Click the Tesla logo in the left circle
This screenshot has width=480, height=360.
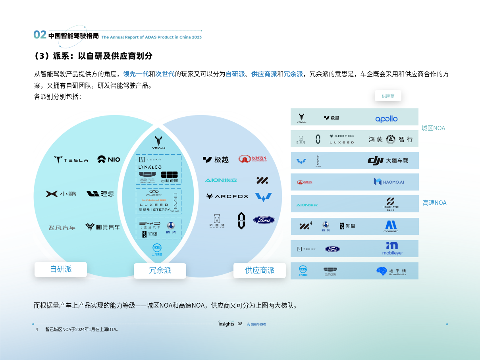71,160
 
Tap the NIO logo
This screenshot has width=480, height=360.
108,159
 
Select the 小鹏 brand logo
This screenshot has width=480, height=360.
61,194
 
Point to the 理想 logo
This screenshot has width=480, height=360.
100,194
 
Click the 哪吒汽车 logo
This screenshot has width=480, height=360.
102,227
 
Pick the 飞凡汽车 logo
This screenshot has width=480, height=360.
62,228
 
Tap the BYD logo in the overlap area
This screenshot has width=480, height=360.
150,225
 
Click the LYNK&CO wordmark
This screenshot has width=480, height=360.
150,167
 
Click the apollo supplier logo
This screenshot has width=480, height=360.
386,119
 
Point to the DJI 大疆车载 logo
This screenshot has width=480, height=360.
387,161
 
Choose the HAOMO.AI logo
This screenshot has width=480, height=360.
389,182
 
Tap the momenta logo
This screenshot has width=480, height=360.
391,226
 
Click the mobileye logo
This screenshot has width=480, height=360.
392,248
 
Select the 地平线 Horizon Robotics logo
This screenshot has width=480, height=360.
391,271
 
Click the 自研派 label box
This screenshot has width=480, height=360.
61,269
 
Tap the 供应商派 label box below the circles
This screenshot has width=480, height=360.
260,270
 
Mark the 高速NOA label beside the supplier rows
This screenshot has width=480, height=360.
434,203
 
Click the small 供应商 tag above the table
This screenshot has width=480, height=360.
388,96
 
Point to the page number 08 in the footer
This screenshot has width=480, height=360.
240,324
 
